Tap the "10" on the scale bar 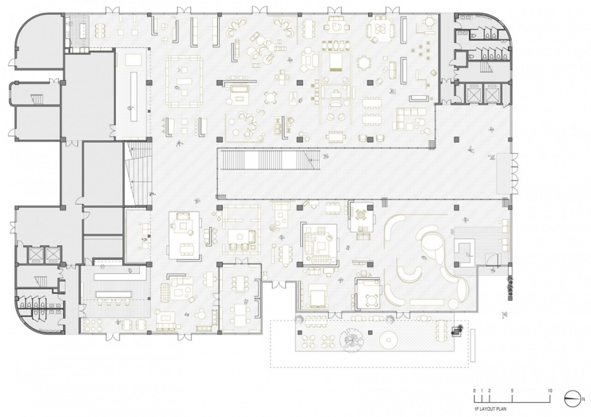pos(550,391)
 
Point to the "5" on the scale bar pos(512,391)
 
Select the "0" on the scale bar pos(474,391)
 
